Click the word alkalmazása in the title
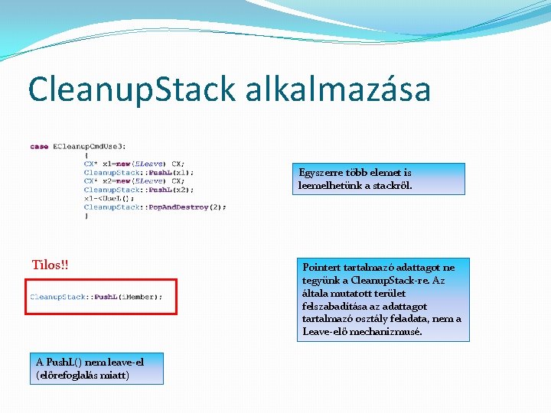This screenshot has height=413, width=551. click(x=338, y=89)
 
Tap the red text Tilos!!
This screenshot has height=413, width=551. click(x=50, y=265)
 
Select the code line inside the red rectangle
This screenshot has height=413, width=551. click(x=96, y=297)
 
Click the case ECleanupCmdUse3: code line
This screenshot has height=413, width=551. click(x=78, y=146)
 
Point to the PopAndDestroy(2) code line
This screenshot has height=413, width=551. click(x=155, y=207)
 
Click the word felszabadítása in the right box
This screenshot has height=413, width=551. click(x=337, y=306)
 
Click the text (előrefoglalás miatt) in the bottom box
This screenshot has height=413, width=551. click(x=83, y=375)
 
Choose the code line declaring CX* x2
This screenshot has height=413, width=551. click(x=134, y=181)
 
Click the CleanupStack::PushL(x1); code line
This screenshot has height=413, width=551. click(x=139, y=173)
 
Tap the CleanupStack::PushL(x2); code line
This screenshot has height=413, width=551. click(x=139, y=190)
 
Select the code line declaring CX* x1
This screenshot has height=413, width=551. click(x=134, y=164)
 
